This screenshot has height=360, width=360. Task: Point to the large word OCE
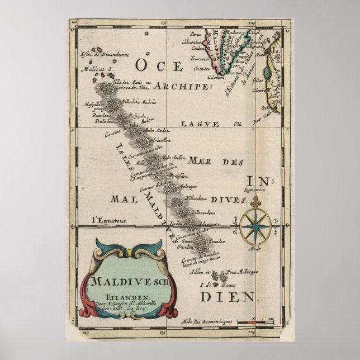155,67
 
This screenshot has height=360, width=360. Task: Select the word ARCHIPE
181,86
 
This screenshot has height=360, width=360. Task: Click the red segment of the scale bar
254,322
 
